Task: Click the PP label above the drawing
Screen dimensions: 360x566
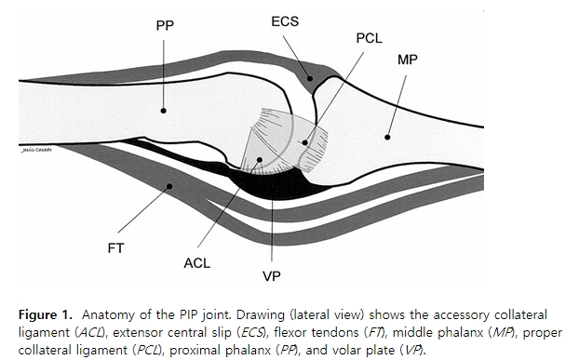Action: tap(165, 26)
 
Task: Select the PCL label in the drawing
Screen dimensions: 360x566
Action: tap(370, 41)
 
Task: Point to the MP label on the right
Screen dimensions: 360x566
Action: tap(408, 59)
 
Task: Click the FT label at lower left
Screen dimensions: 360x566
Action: tap(115, 248)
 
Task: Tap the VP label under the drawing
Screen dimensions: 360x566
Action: tap(271, 277)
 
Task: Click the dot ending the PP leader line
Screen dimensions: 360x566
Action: tap(163, 110)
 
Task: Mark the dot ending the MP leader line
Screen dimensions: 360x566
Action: tap(384, 136)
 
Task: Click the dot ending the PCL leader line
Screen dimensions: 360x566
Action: tap(305, 142)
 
